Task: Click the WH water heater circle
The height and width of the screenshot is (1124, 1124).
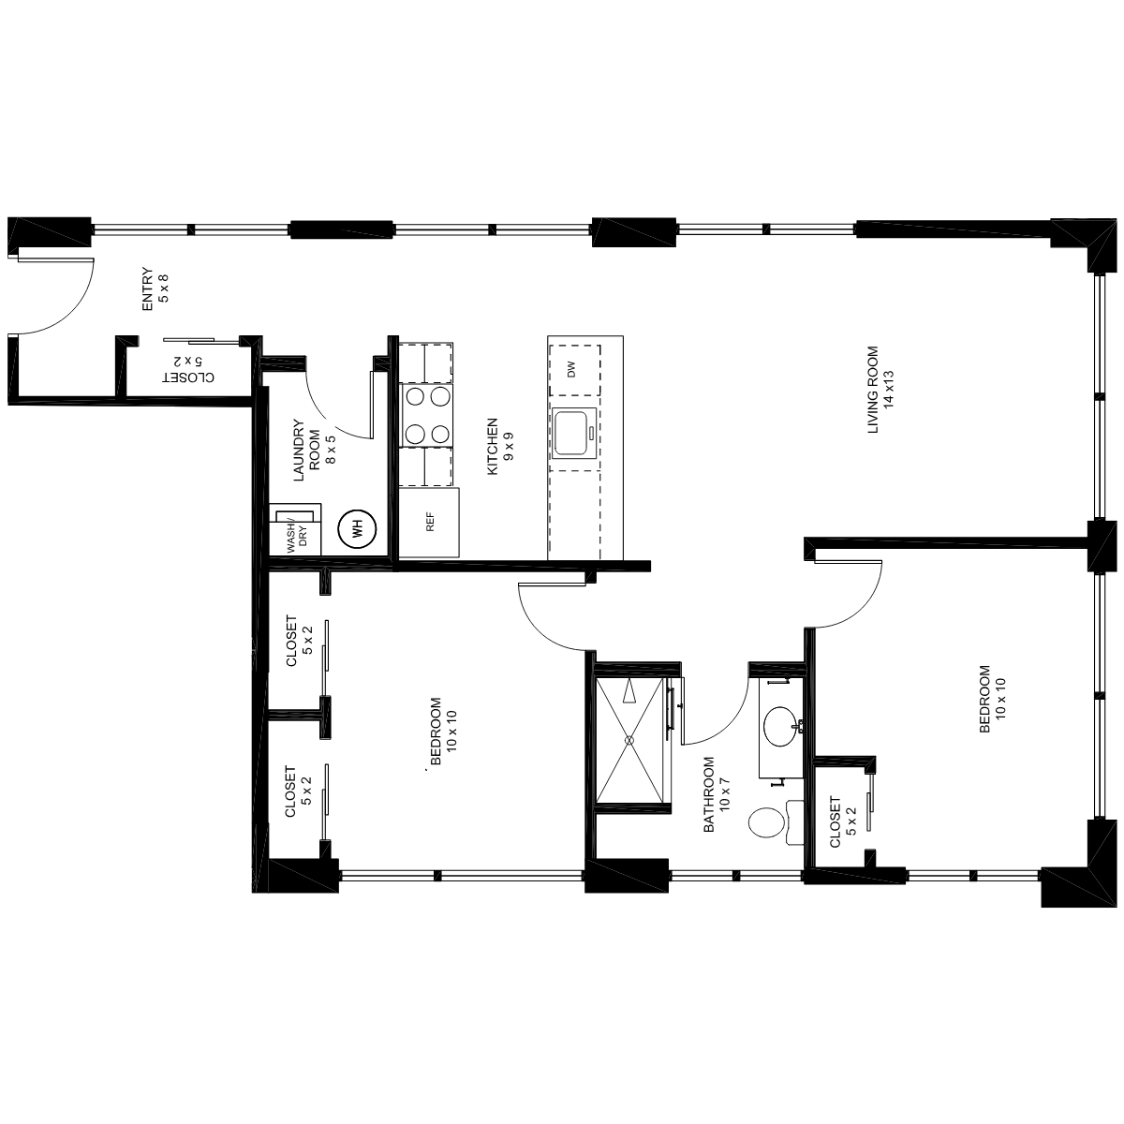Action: tap(357, 529)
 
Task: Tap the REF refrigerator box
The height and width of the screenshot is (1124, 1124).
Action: tap(430, 522)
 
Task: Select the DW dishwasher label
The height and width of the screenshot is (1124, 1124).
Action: tap(571, 369)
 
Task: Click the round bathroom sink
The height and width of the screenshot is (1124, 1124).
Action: tap(780, 726)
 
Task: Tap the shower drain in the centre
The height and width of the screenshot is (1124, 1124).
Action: tap(629, 740)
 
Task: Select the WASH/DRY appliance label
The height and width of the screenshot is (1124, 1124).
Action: tap(297, 537)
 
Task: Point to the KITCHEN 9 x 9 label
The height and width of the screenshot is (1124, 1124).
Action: tap(500, 446)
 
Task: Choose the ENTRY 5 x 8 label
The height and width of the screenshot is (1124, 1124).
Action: tap(155, 288)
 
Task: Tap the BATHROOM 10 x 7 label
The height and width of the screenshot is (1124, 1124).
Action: tap(717, 794)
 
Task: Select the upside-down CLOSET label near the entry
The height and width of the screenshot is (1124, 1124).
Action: tap(188, 370)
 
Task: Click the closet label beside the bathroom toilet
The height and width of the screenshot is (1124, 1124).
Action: tap(843, 821)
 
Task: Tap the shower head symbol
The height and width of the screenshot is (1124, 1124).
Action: tap(629, 692)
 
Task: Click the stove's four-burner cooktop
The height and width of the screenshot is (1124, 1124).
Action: tap(427, 415)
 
